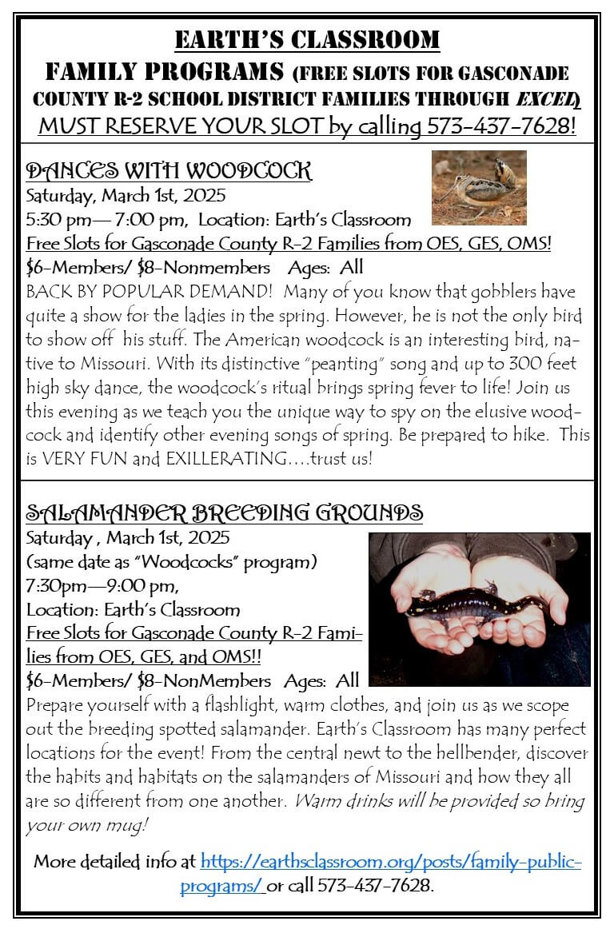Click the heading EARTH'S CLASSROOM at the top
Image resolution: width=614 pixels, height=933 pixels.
307,39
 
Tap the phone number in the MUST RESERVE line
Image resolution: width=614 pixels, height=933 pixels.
501,126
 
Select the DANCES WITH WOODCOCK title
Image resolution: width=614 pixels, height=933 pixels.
169,170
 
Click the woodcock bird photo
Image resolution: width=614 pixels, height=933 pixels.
479,187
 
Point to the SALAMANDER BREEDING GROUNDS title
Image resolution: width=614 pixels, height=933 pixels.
225,512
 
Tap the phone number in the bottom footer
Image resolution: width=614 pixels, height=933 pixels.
375,886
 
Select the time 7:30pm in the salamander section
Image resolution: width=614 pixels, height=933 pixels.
55,587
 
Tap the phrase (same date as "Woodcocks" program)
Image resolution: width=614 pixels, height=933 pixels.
171,562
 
